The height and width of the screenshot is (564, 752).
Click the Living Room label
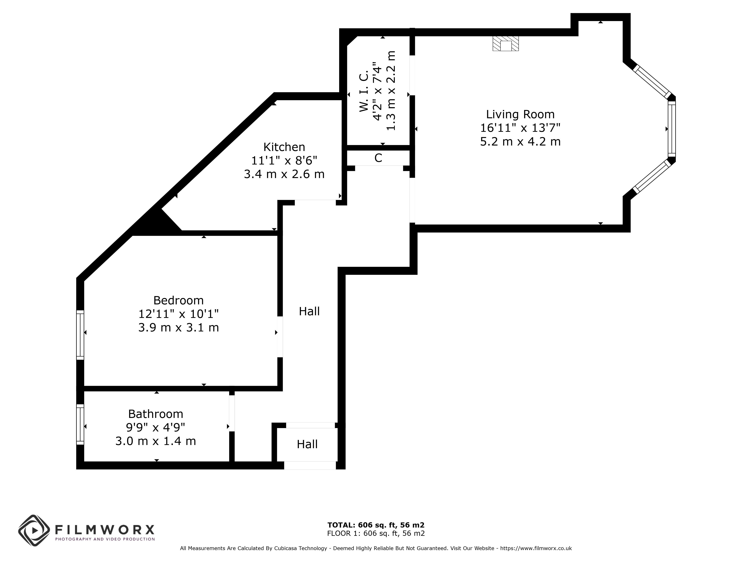(x=520, y=114)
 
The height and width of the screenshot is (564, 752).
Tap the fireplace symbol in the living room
(x=506, y=43)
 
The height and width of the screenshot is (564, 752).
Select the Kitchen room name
(x=284, y=147)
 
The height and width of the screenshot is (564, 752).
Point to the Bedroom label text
(x=178, y=301)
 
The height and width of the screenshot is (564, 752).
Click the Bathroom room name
(x=156, y=414)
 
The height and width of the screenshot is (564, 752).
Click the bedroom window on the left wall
(x=80, y=335)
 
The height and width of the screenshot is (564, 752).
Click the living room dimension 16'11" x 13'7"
(x=520, y=128)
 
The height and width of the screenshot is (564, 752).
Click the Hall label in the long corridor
(x=309, y=311)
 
